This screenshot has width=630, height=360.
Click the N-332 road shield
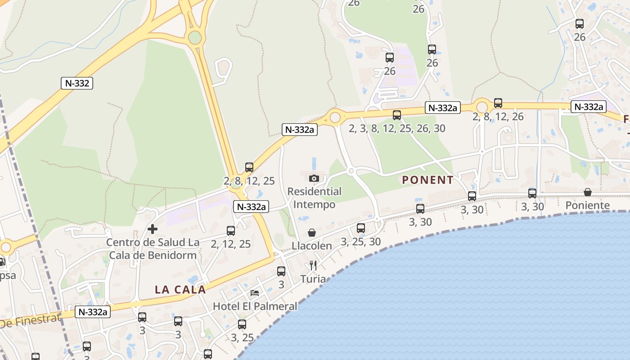tap(77, 83)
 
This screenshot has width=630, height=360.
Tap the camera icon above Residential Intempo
tap(315, 178)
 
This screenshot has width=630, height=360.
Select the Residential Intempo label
tap(315, 198)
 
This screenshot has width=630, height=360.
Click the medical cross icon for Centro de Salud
tap(153, 229)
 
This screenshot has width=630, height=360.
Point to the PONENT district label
tap(427, 180)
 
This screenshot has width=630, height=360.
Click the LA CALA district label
tap(180, 289)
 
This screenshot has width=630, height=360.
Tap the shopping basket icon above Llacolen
tap(311, 233)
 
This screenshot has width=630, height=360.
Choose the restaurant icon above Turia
tap(313, 265)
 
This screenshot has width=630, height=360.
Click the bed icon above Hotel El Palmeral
tap(255, 293)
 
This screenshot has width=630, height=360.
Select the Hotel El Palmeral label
tap(255, 306)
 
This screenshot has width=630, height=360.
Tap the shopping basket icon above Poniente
tap(588, 192)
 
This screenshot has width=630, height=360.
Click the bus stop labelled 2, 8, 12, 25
tap(249, 167)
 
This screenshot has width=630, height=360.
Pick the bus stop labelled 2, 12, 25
tap(231, 231)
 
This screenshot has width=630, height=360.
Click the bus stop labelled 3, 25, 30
tap(361, 228)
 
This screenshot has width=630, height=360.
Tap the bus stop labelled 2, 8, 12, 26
tap(498, 103)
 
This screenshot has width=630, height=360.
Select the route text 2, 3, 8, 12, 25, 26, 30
tap(397, 129)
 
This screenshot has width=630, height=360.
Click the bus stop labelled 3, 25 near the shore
tap(242, 324)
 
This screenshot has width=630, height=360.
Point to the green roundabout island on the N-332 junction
tap(195, 37)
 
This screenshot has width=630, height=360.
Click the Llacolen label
tap(312, 246)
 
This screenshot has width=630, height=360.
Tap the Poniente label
tap(588, 206)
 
